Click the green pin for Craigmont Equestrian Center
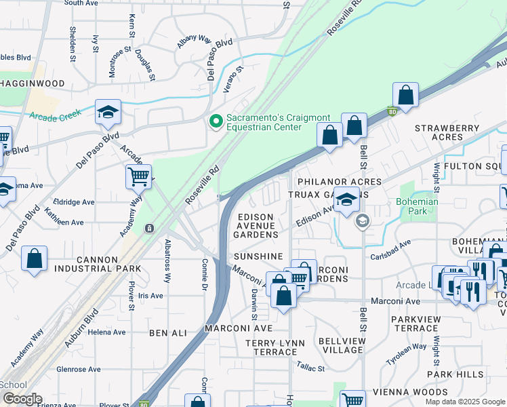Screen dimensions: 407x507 coord(216,121)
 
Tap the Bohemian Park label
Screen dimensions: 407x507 coord(418,206)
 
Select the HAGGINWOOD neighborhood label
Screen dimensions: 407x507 coord(32,83)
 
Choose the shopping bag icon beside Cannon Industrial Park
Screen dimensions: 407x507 coord(34,258)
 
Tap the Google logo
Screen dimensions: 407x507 coord(22,399)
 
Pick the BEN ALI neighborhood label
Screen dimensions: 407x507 coord(167,332)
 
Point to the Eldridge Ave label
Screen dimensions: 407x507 coord(74,201)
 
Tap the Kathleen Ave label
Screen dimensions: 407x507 coord(63,222)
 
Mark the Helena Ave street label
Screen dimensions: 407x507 coord(106,332)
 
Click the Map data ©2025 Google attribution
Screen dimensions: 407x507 coord(464,402)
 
